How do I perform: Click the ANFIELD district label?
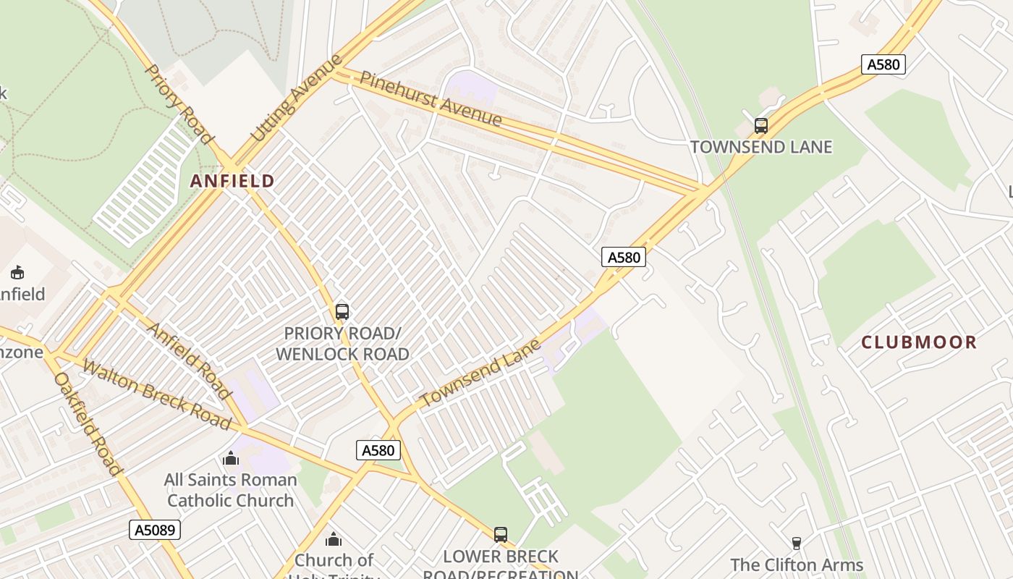coord(232,181)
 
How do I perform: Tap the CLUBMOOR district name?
coord(919,342)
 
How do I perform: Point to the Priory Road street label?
coord(180,104)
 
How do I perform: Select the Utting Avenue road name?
coord(297,98)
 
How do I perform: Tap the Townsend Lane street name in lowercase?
coord(480,373)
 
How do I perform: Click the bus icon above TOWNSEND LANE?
coord(760,126)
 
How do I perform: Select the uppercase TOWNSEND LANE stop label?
coord(761,147)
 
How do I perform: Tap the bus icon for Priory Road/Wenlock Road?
coord(342,312)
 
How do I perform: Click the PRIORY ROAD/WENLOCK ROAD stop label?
coord(342,344)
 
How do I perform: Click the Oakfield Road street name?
coord(88,423)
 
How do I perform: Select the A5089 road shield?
coord(155,530)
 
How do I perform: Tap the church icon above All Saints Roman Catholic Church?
coord(231,458)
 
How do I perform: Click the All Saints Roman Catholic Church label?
coord(231,490)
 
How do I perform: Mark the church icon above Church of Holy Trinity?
coord(333,539)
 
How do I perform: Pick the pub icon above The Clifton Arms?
coord(797,544)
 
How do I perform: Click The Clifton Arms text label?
coord(797,565)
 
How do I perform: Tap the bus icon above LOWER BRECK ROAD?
coord(501,535)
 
